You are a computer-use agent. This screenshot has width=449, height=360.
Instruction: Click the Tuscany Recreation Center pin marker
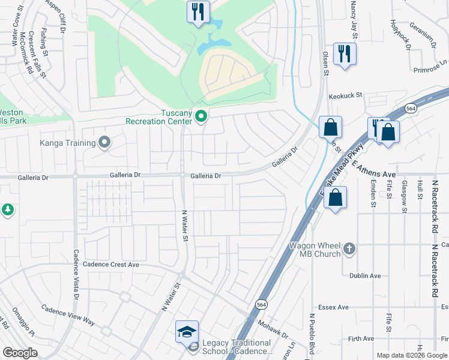pos(201,116)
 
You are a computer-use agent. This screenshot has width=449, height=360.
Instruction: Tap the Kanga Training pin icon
pos(105,143)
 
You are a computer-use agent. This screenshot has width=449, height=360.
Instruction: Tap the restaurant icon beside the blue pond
pos(197,11)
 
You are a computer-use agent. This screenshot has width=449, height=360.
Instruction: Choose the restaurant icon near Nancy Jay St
pos(345,54)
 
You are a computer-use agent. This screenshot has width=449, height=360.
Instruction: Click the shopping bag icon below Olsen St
pos(330,127)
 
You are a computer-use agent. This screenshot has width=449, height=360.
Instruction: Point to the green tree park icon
pos(7,209)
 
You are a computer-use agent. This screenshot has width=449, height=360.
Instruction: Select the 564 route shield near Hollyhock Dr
pos(411,109)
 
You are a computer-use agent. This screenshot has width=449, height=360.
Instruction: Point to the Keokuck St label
pos(346,95)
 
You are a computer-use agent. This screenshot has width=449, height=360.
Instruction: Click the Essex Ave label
pos(334,307)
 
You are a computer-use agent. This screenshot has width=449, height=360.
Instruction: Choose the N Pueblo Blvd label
pos(312,332)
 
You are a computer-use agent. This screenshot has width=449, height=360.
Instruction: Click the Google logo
pos(20,353)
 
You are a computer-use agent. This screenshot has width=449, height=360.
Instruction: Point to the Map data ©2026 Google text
pos(411,355)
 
